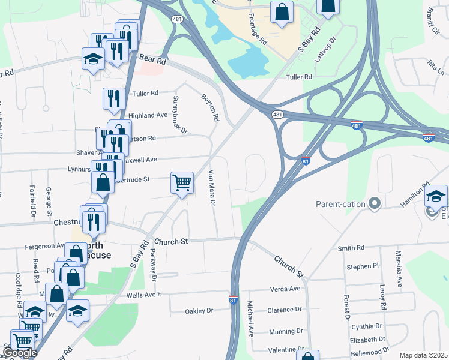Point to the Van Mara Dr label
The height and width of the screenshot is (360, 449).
pyautogui.click(x=211, y=187)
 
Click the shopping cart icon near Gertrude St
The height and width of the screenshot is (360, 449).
pyautogui.click(x=182, y=182)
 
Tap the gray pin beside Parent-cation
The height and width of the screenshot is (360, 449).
pyautogui.click(x=375, y=204)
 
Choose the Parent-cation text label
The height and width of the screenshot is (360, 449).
pyautogui.click(x=340, y=204)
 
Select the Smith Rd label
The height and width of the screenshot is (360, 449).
pyautogui.click(x=351, y=248)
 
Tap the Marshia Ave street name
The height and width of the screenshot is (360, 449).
pyautogui.click(x=399, y=268)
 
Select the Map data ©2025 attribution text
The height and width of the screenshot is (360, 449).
pyautogui.click(x=423, y=355)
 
